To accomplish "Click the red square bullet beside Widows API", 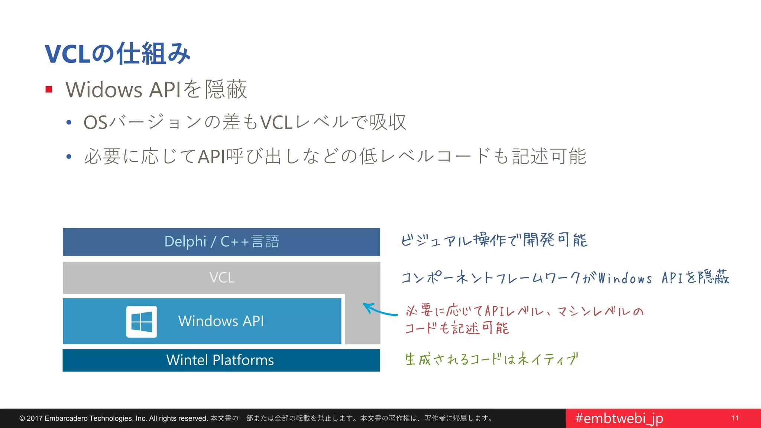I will [x=49, y=89].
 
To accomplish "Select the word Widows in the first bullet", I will [x=104, y=90].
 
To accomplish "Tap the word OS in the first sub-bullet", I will [x=95, y=123].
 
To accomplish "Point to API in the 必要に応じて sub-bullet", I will [x=211, y=156].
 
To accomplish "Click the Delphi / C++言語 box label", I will [x=221, y=241].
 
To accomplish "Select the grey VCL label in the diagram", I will [x=221, y=278].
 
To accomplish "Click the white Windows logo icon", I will [x=142, y=322].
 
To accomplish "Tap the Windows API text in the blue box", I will [x=221, y=321].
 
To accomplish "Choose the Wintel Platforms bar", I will [x=220, y=360].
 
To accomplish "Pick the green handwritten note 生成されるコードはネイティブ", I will [x=491, y=359].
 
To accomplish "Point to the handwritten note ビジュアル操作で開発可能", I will [x=494, y=240].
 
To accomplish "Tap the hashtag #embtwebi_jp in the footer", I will [x=619, y=418].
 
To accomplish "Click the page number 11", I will [x=735, y=418].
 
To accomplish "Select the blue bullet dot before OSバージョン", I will [x=69, y=123].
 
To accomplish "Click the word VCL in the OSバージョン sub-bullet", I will [x=276, y=123].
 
